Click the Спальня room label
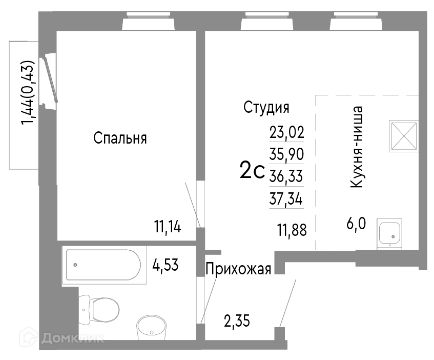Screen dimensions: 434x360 120,138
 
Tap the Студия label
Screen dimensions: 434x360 266,108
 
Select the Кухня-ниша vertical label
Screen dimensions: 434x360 357,147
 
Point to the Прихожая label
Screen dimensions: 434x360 238,269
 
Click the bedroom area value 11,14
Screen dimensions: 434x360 168,227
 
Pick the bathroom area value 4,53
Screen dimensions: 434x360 165,265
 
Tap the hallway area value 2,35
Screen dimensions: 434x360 237,321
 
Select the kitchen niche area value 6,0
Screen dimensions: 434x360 356,224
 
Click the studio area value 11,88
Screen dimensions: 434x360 292,230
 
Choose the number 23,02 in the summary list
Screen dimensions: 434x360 287,132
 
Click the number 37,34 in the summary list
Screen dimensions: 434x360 286,198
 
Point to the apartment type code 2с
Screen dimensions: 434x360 252,170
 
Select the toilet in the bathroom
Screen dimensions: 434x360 99,309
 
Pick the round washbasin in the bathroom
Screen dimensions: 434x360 151,328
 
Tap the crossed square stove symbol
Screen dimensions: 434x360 404,136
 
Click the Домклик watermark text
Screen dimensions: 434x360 73,338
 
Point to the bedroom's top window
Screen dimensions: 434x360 149,21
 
